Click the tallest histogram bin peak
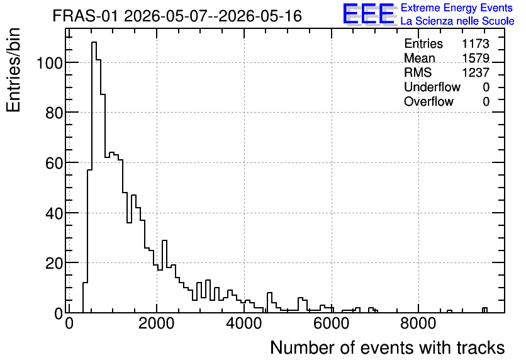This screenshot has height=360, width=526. (94, 42)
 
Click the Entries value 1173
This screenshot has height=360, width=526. (475, 43)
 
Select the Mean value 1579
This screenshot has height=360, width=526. (475, 58)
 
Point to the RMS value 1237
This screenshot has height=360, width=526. (475, 72)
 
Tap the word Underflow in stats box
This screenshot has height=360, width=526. (432, 87)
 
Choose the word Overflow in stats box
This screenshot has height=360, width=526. (428, 101)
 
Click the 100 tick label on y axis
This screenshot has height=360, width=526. (50, 63)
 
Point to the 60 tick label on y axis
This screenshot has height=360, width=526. (54, 163)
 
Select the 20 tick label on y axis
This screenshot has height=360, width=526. (54, 263)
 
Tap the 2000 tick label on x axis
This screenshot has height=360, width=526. (156, 324)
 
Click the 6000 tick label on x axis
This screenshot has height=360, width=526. (332, 324)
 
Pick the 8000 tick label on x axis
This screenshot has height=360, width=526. (418, 324)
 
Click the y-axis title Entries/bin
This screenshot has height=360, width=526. (14, 70)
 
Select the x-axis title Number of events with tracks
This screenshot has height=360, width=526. (388, 348)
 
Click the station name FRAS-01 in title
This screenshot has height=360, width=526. (85, 16)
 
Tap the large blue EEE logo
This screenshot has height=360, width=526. (369, 13)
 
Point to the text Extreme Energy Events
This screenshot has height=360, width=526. (457, 8)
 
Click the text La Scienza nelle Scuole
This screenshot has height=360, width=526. (457, 21)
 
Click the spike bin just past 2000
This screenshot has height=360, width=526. (164, 241)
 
